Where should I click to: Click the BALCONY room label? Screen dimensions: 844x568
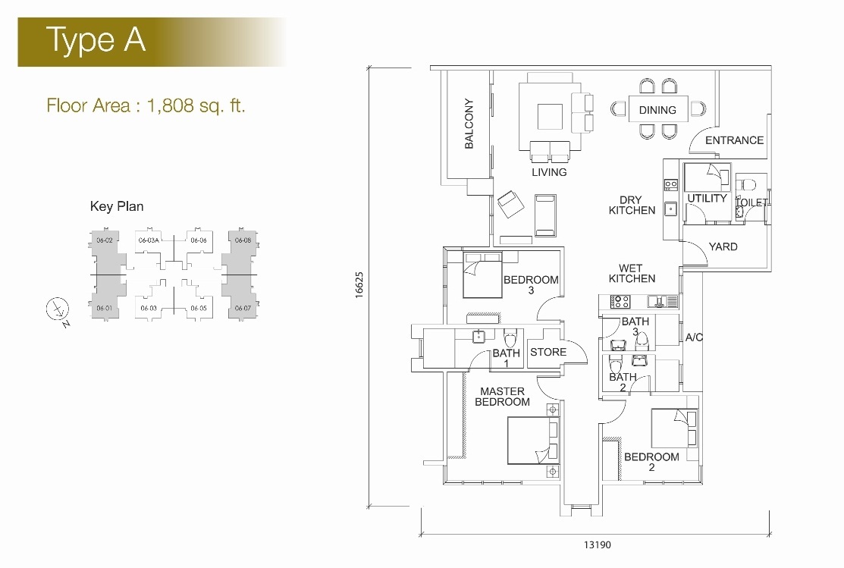click(x=469, y=124)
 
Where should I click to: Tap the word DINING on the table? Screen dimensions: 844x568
click(x=657, y=110)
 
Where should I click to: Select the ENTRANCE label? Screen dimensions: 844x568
click(x=734, y=140)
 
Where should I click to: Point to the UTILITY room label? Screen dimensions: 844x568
click(x=707, y=198)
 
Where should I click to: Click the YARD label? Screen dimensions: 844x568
click(x=723, y=246)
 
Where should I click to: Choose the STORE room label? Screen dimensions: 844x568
click(x=548, y=352)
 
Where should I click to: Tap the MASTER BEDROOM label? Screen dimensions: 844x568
click(x=502, y=397)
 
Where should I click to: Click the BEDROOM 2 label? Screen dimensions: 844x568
click(x=651, y=462)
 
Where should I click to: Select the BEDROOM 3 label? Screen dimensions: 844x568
click(x=531, y=285)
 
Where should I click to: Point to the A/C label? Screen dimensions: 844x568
click(x=694, y=337)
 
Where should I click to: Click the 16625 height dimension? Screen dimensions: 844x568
click(x=359, y=285)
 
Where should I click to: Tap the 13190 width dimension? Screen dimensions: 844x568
click(x=598, y=544)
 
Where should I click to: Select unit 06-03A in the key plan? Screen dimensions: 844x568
click(x=149, y=240)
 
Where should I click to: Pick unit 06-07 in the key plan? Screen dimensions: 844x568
click(x=243, y=308)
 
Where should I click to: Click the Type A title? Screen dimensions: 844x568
click(x=96, y=39)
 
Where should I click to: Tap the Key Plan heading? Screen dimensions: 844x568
click(x=117, y=206)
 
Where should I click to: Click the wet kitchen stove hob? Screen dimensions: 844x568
click(x=620, y=302)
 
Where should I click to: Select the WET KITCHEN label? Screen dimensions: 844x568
click(x=632, y=274)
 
